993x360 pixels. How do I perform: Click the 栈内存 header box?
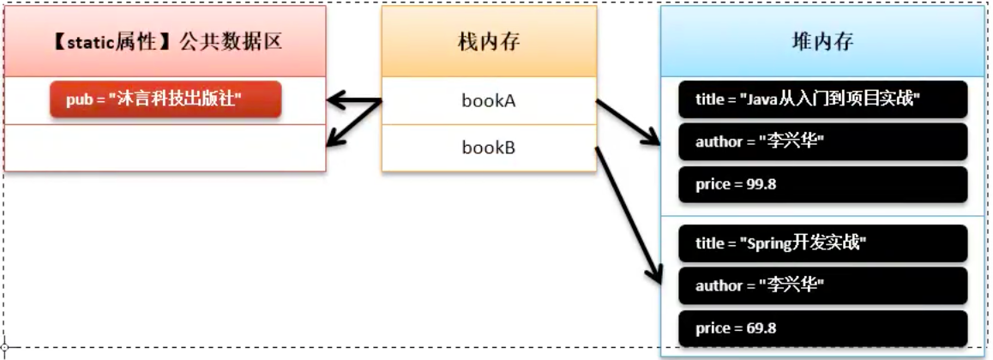pos(489,42)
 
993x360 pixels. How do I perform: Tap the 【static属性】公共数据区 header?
pos(165,42)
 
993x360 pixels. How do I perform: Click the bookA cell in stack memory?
pos(489,101)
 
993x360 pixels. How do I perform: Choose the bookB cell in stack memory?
pos(489,148)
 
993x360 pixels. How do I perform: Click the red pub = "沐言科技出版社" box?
pos(165,99)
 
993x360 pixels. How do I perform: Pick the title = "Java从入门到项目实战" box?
pos(822,99)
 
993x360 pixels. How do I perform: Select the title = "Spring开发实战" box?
pos(822,243)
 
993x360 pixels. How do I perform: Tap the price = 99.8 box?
pos(822,184)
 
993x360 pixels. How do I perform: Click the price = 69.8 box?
pos(822,328)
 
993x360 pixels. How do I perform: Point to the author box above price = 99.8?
pos(822,141)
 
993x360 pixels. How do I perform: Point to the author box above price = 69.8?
pos(822,285)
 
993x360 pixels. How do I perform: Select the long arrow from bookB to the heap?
pos(630,214)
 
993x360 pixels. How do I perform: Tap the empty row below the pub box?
pos(165,148)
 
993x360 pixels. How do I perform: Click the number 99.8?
pos(761,185)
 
